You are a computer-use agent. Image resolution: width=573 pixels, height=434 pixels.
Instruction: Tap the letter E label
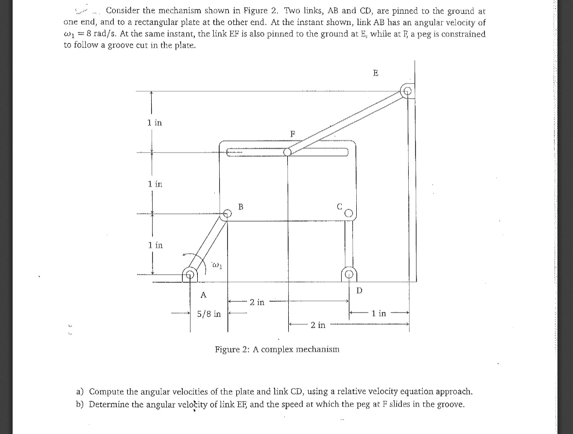[375, 73]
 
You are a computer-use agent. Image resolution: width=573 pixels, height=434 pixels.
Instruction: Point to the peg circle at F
[288, 152]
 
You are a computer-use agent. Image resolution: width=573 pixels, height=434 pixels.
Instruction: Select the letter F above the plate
[292, 133]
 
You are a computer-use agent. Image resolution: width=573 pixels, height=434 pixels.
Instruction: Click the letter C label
[340, 206]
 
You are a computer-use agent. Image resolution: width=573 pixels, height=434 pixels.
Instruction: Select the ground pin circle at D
[348, 274]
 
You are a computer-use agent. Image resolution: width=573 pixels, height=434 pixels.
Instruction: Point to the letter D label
[359, 291]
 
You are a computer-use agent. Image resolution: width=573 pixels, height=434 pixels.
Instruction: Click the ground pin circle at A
[190, 275]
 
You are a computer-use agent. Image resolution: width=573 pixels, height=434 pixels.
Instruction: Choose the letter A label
[204, 294]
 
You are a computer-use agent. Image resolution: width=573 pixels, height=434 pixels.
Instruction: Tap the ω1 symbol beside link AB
[218, 265]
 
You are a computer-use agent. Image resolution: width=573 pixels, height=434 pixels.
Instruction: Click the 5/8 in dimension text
[209, 314]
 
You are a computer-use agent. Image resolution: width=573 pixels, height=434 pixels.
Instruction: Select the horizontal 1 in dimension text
[379, 313]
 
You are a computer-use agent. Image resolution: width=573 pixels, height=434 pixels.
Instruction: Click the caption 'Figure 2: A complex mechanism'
[277, 349]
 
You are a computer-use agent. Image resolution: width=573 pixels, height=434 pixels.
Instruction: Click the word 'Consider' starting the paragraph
[122, 10]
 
